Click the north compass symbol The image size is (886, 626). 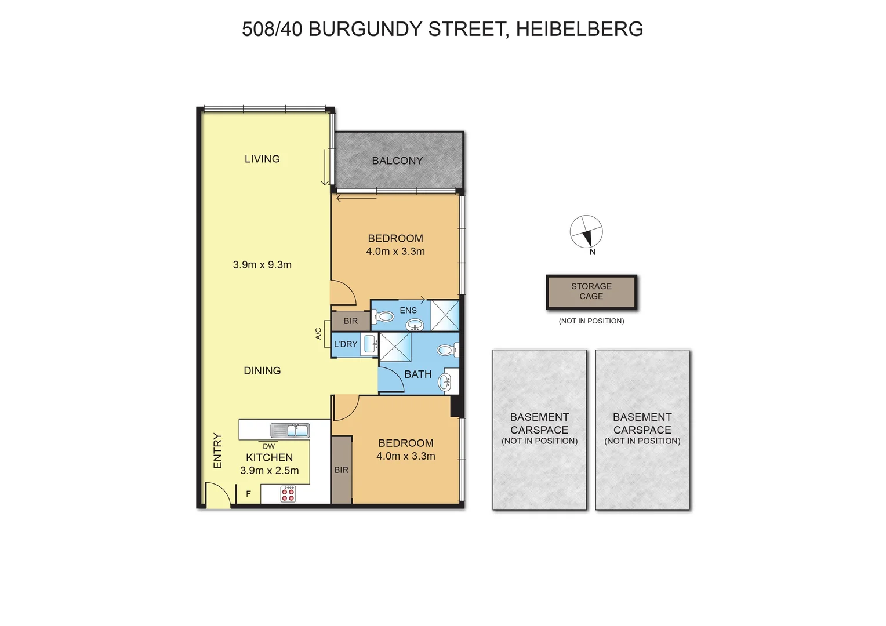(x=586, y=232)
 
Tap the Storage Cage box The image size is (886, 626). (x=591, y=292)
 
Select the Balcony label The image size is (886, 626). (x=397, y=161)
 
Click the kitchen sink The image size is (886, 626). (x=290, y=431)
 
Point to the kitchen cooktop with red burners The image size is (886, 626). (x=288, y=494)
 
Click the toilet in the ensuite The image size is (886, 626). (x=383, y=317)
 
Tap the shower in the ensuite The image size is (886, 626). (x=445, y=316)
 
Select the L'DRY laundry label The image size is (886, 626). (x=346, y=344)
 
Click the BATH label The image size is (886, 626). (x=418, y=374)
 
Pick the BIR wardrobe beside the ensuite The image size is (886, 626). (x=350, y=321)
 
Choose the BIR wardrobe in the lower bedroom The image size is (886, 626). (x=342, y=470)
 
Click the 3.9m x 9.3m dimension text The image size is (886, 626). (x=262, y=265)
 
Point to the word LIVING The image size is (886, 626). (x=262, y=159)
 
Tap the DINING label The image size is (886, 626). (x=262, y=371)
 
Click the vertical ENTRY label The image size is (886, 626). (x=217, y=450)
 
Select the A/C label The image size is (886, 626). (x=318, y=334)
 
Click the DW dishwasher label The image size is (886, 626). (x=268, y=446)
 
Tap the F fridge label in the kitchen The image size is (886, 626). (x=249, y=494)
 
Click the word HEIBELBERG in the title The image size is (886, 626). (x=579, y=29)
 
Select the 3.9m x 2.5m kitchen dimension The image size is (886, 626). (x=270, y=471)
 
